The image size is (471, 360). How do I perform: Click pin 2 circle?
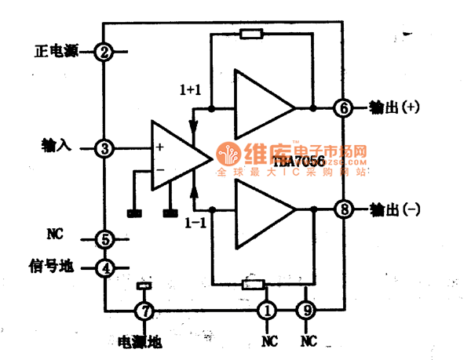pos(104,52)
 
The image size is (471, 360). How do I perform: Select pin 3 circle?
pos(104,147)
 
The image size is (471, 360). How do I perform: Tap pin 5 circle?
pos(104,238)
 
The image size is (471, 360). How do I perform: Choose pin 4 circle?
pos(104,267)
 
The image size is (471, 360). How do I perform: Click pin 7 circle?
pos(143,311)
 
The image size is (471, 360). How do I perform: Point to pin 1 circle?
pos(268,311)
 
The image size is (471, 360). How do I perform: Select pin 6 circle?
pos(343,107)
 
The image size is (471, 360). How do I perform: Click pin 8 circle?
pos(343,209)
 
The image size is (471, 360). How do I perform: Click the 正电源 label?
pos(54,52)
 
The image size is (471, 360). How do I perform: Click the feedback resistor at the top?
pos(251,34)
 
